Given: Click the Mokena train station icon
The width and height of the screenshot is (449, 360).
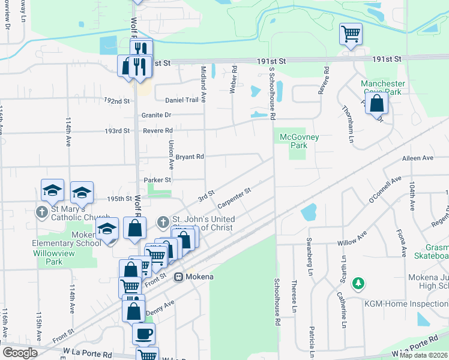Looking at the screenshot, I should [x=178, y=277].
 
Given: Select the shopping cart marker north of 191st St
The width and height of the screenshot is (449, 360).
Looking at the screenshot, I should [x=351, y=34].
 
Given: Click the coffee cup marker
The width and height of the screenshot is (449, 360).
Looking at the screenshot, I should [x=143, y=333].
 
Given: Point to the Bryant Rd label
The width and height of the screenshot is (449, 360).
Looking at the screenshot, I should [x=190, y=157].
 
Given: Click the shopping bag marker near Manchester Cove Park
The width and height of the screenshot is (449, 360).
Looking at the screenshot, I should [x=376, y=103].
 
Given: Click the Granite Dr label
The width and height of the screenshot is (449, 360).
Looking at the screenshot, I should [x=156, y=115].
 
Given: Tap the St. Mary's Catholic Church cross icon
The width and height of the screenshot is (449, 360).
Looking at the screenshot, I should [x=42, y=212].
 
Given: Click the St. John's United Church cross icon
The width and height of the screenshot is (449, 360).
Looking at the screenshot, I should [x=162, y=223].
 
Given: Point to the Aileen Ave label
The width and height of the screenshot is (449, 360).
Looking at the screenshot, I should [x=419, y=158].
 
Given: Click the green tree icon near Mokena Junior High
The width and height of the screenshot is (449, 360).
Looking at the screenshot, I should [x=358, y=283].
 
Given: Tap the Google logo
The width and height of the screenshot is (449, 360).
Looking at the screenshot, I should [x=20, y=353].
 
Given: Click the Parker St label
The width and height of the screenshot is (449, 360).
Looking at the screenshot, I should [x=158, y=180].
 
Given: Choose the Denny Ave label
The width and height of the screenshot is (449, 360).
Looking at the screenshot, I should [x=160, y=307].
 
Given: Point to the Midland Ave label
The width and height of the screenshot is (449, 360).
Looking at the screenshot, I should [x=203, y=84].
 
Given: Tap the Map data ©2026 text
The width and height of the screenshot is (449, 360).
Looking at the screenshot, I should [x=423, y=355].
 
